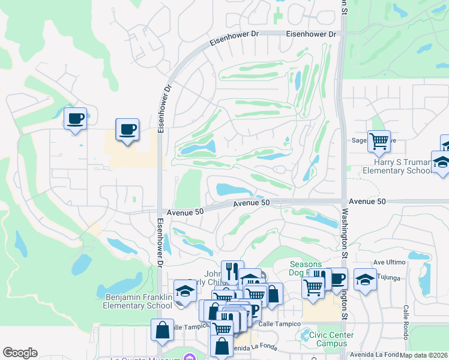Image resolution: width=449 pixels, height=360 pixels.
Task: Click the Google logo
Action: tap(20, 353)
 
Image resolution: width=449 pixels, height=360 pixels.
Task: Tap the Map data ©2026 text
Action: tap(424, 355)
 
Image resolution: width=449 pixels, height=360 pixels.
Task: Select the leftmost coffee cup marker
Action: tap(75, 119)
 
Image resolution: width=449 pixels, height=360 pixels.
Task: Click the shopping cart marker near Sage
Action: tap(379, 142)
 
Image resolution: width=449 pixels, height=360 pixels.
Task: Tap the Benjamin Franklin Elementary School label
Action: tap(139, 301)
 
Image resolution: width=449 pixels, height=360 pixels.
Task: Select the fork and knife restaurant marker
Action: tap(232, 272)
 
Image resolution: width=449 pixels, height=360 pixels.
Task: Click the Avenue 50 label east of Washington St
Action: tap(365, 201)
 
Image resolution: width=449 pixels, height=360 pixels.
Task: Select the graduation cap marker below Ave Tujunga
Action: tap(365, 280)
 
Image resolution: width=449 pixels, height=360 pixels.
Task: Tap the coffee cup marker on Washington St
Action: tap(337, 278)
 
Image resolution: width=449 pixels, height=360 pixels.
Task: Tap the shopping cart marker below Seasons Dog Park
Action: tap(313, 287)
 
